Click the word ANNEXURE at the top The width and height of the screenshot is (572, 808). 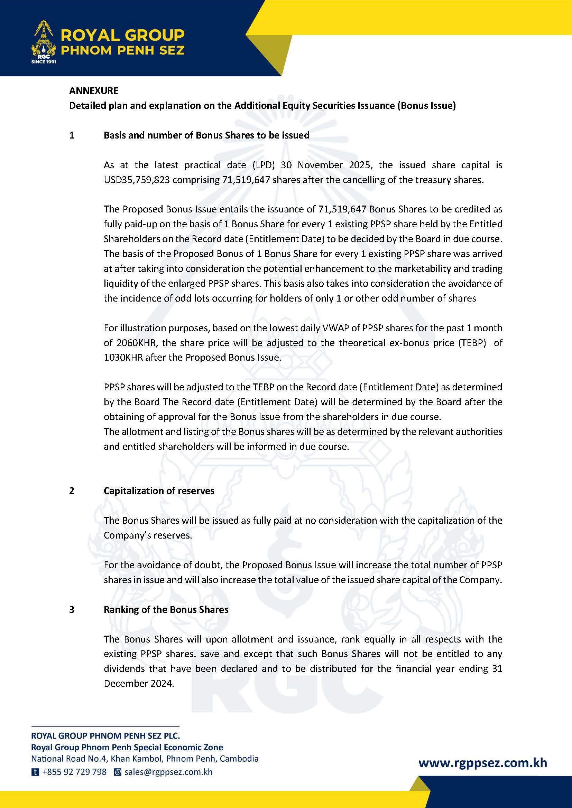(x=94, y=91)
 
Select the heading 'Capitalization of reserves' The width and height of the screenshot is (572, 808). (x=159, y=491)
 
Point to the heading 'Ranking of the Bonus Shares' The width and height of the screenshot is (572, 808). (x=166, y=609)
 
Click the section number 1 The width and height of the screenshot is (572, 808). (x=72, y=135)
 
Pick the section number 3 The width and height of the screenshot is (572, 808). (x=72, y=609)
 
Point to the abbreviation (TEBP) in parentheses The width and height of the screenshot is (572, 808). (x=471, y=343)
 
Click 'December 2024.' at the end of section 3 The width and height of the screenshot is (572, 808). (x=139, y=683)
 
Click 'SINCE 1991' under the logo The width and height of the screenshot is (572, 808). (x=44, y=62)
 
